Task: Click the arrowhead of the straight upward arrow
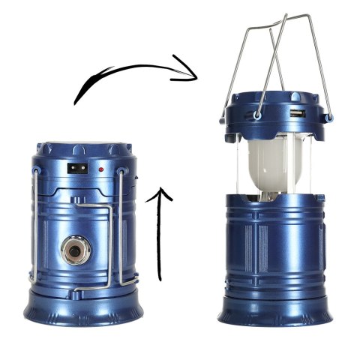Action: pyautogui.click(x=163, y=193)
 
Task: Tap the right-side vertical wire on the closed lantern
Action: pyautogui.click(x=122, y=225)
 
